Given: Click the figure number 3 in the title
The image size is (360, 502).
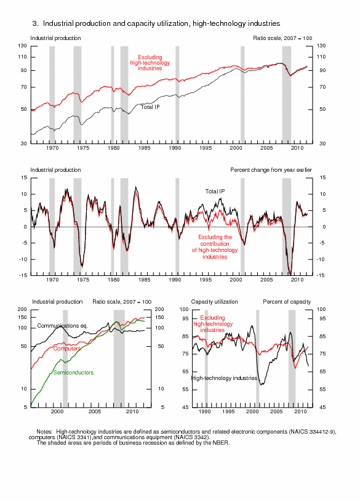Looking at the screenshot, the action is [35, 23].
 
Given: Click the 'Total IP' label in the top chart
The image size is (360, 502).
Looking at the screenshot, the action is [150, 107].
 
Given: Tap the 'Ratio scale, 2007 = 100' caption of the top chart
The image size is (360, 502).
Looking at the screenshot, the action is [282, 38].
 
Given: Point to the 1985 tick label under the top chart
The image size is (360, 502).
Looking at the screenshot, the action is [145, 148].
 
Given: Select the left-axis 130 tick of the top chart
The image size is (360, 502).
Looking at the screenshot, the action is [22, 46].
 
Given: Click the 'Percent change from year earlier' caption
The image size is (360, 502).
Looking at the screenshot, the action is [271, 170].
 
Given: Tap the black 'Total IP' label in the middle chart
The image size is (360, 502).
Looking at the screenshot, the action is [215, 192].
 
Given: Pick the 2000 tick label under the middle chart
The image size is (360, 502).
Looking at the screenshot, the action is [236, 280].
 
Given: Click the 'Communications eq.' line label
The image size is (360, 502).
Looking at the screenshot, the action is [63, 326].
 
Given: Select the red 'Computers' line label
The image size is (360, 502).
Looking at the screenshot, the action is [67, 349].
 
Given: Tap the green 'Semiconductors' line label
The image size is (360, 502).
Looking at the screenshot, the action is [73, 372].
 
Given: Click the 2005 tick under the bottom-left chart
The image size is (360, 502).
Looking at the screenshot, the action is [95, 411].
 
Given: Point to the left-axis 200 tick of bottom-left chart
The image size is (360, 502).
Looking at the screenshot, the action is [22, 309].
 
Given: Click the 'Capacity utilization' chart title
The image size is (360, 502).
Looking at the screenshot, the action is [214, 302].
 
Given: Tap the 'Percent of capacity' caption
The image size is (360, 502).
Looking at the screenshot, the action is [287, 302].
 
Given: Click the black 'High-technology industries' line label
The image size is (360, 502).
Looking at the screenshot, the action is [225, 378].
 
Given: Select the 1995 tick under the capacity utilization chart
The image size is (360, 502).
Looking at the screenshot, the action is [228, 411].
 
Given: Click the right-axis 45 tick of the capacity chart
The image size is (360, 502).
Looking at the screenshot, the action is [321, 407].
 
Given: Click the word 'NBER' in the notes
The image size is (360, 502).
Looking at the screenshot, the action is [220, 443].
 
